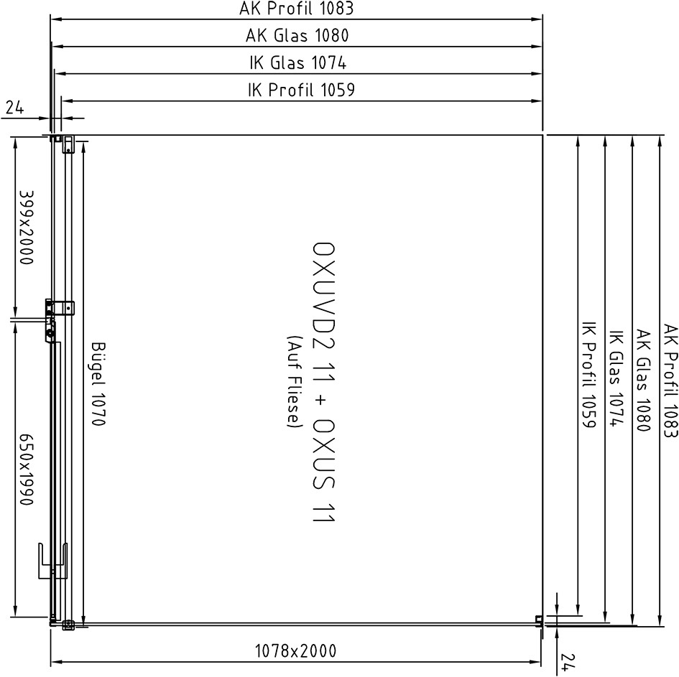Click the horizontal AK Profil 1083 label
[297, 9]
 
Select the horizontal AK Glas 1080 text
[297, 35]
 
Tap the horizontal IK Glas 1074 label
[298, 62]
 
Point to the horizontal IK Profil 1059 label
[301, 90]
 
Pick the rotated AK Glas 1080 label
[643, 380]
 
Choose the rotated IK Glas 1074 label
[616, 378]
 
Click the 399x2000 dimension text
[26, 228]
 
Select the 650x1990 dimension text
[26, 470]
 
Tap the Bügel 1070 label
[98, 384]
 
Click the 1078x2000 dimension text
[295, 650]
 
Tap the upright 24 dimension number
[14, 107]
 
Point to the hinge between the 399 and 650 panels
[51, 320]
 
